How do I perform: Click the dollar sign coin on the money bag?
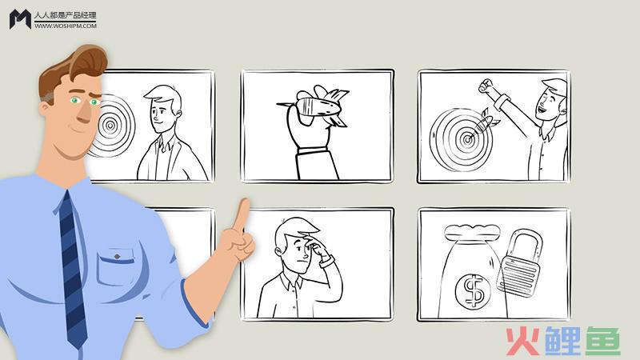coord(473,290)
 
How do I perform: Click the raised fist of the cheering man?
coord(486,86)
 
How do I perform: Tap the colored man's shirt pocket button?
coord(117,256)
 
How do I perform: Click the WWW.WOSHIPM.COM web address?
coord(66,26)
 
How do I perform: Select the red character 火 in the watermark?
coord(522,341)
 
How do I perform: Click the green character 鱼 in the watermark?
coord(603,341)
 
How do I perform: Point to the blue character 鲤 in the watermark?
coord(562,341)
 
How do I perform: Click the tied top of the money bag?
coord(472,233)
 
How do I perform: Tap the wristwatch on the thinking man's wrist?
coord(327,262)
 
